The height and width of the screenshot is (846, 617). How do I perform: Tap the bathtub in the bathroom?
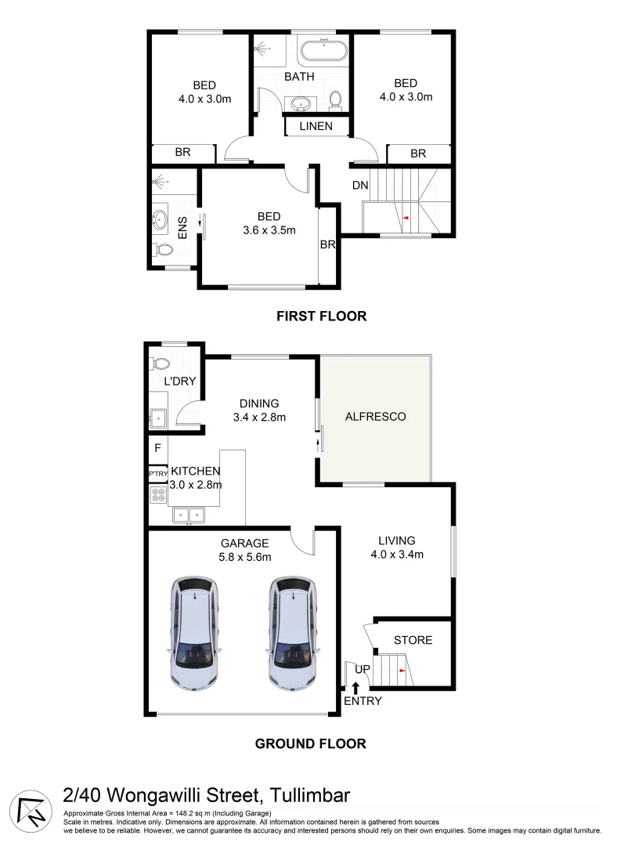(x=324, y=52)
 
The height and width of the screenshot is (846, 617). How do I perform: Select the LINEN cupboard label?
(x=316, y=126)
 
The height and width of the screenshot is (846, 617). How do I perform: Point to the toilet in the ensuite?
(x=164, y=250)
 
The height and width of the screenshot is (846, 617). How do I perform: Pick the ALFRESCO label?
(x=376, y=417)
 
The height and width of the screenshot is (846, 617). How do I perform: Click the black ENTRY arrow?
(x=357, y=688)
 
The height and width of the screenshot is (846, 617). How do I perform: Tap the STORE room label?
(x=413, y=640)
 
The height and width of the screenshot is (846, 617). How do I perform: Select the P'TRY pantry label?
(x=158, y=474)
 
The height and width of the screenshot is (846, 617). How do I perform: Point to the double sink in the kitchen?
(x=188, y=515)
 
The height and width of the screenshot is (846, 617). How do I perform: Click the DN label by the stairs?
(x=359, y=185)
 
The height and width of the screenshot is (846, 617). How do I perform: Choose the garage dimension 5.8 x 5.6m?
(x=244, y=557)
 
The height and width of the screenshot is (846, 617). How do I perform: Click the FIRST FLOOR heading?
(x=321, y=316)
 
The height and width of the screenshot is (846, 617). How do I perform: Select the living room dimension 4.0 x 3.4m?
(x=396, y=555)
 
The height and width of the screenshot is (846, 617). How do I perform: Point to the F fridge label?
(x=157, y=449)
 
